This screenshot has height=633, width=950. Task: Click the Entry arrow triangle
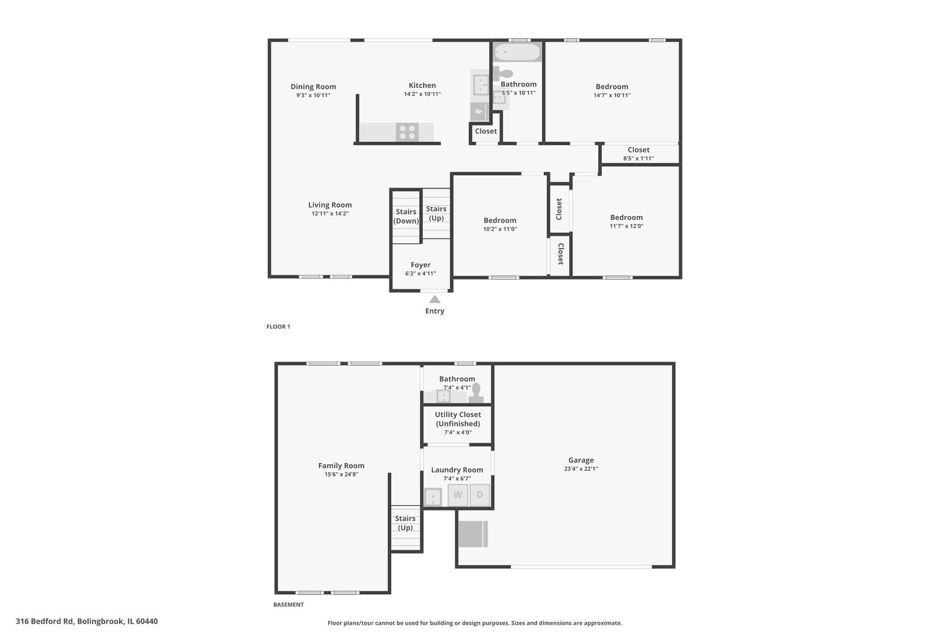coord(435,299)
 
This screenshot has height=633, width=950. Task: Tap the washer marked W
coord(458,495)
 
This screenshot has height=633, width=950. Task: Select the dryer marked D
coord(480,495)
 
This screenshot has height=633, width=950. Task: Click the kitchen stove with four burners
coord(407,132)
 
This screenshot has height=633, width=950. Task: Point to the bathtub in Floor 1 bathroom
coord(517,52)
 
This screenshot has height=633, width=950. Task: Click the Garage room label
coord(581,460)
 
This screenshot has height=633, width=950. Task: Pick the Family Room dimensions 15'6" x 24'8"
coord(341,475)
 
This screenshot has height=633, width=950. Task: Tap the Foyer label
coord(420,265)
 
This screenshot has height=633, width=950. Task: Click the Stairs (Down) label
coord(406,216)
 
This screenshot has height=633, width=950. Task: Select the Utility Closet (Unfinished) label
coord(457,419)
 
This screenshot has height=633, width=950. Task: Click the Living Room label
coord(330,205)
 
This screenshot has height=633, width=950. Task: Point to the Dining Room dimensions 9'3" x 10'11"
coord(313,95)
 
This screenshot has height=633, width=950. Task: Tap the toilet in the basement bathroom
coord(476,392)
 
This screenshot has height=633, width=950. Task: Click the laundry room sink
coord(433,497)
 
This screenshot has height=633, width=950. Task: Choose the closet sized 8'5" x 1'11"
coord(639,154)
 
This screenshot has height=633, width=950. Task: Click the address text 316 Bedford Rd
coord(87,621)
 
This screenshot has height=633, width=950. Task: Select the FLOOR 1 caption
coord(278,326)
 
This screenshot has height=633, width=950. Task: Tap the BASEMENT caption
coord(289,604)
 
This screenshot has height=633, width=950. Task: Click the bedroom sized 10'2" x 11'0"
coord(500,224)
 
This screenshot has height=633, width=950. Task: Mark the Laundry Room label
coord(457,469)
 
